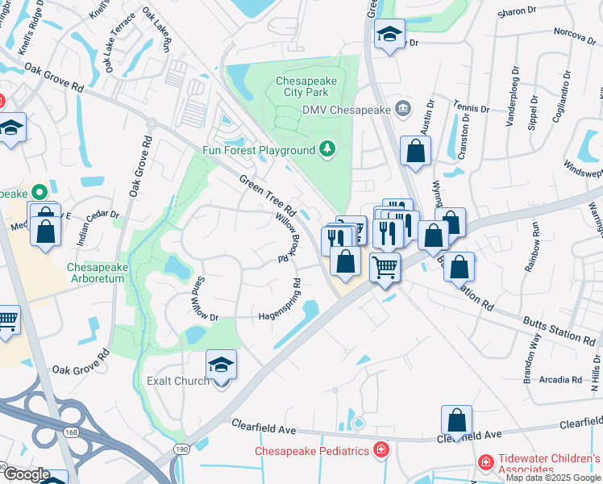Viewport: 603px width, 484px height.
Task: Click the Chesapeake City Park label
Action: (x=306, y=86)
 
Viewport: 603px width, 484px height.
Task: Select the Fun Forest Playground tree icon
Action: (x=326, y=149)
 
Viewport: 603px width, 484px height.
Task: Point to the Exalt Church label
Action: (x=177, y=381)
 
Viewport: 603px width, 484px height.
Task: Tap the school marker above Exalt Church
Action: (x=221, y=365)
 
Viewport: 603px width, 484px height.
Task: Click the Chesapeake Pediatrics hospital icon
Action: (x=381, y=450)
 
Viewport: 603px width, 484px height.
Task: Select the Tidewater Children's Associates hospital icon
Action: (x=485, y=462)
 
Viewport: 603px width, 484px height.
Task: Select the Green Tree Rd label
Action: (x=266, y=194)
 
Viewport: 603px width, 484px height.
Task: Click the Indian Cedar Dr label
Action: (x=98, y=227)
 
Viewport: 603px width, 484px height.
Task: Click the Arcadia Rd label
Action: (x=561, y=378)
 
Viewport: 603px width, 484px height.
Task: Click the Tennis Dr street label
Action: (x=472, y=107)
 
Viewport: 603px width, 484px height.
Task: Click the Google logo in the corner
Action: (x=27, y=474)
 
